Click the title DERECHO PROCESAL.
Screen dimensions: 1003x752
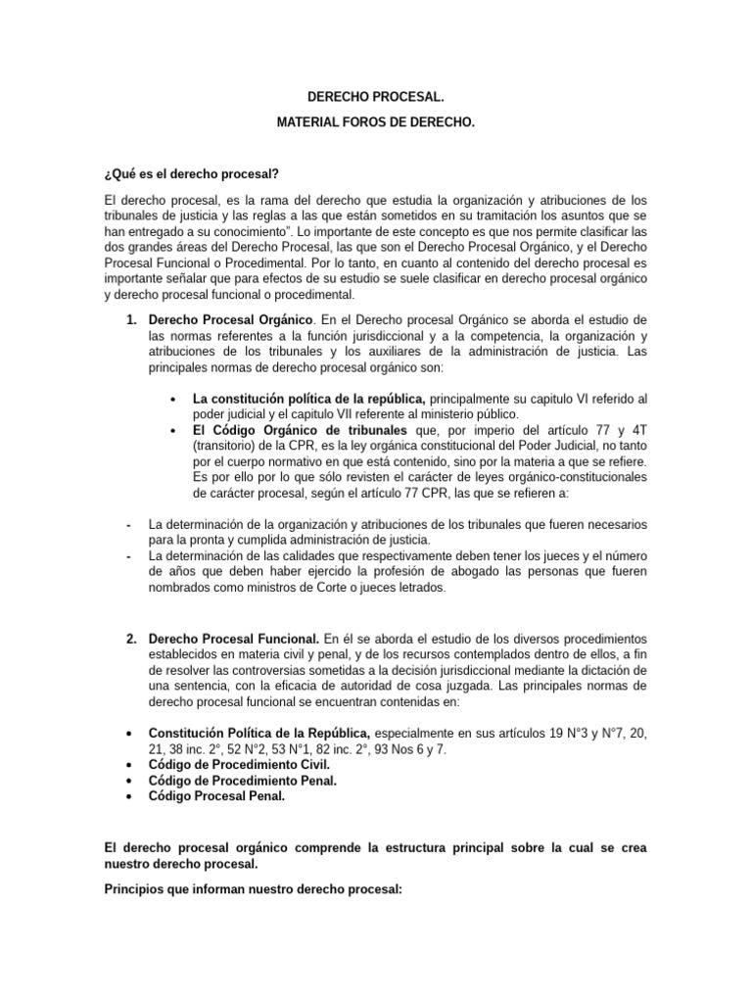click(376, 98)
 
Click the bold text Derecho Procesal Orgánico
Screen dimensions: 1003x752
click(230, 320)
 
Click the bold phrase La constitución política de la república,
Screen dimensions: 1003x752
click(309, 399)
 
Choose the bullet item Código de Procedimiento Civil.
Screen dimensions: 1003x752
click(239, 764)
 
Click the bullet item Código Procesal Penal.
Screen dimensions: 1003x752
click(216, 796)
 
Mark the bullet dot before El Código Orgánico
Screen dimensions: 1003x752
click(173, 430)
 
